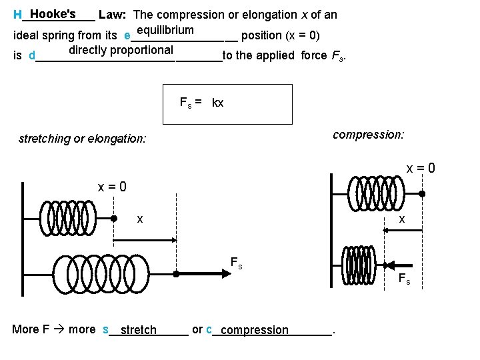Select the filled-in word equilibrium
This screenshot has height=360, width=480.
[x=163, y=30]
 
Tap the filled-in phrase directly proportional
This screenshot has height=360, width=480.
[x=121, y=50]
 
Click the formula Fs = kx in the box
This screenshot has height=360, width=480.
[x=202, y=103]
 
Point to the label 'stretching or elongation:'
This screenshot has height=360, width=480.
[x=83, y=139]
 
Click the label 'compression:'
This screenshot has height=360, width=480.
[x=368, y=135]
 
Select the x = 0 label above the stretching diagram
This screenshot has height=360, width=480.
[x=113, y=187]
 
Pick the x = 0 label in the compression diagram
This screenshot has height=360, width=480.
[x=421, y=169]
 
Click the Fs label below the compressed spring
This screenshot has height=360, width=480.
[x=404, y=279]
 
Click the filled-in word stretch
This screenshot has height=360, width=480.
[x=139, y=330]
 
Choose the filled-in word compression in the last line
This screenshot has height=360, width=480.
[x=255, y=330]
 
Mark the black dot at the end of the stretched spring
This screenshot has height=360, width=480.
[x=176, y=273]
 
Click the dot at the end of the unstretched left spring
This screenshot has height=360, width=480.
[x=114, y=218]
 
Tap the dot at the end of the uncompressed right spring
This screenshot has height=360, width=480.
[x=421, y=194]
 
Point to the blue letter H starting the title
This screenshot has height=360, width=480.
[x=17, y=15]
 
